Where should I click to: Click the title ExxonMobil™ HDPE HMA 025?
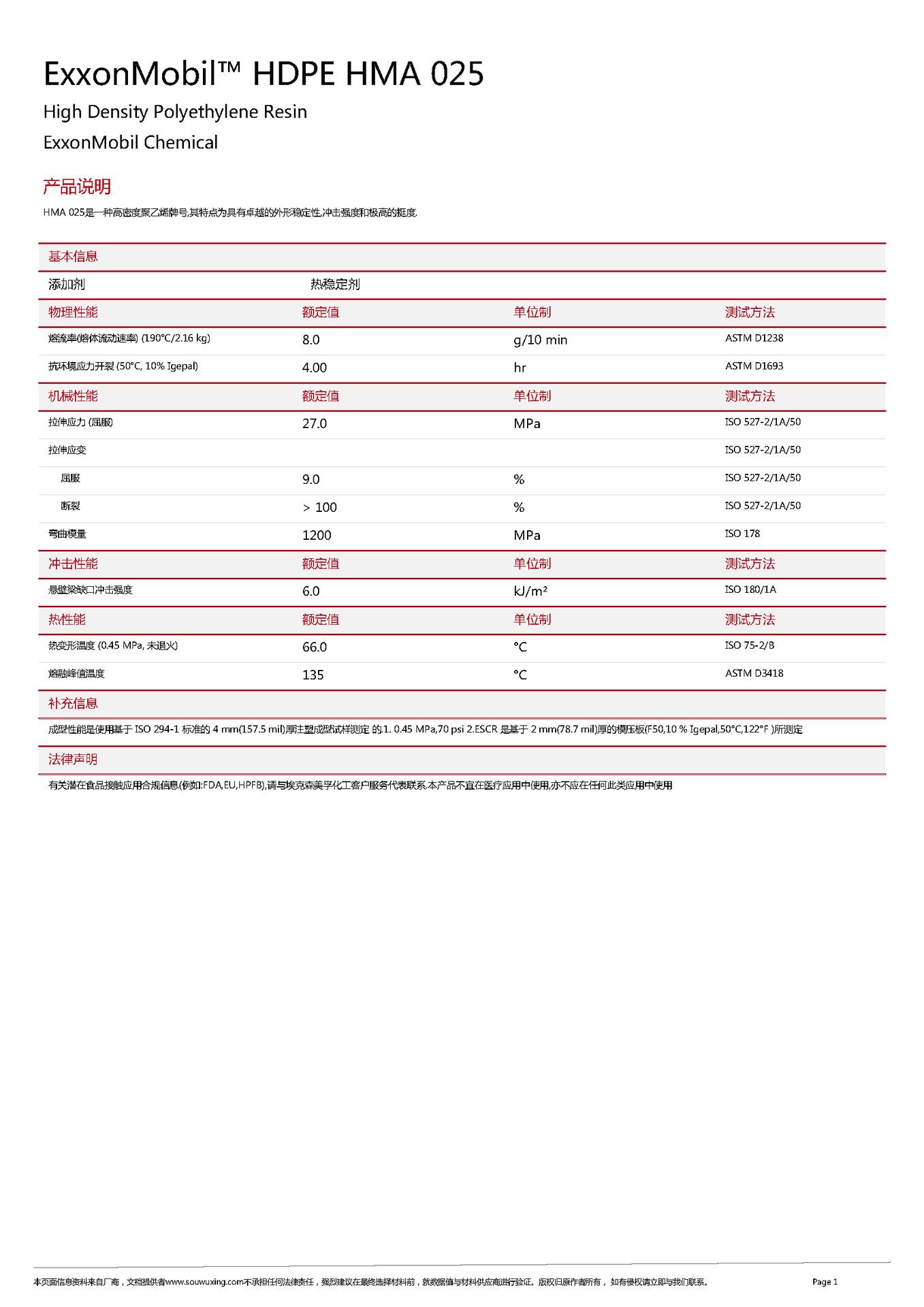(264, 74)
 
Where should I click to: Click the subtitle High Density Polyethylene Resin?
(175, 112)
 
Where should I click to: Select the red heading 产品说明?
(77, 187)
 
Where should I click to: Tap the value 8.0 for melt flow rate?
(310, 340)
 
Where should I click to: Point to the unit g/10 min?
(540, 340)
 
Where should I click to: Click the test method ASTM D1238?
(754, 338)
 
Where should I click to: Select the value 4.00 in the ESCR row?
(314, 368)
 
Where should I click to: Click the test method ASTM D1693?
(754, 366)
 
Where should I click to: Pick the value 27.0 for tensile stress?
(314, 423)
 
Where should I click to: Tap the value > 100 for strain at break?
(319, 507)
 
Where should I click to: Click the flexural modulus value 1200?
(317, 535)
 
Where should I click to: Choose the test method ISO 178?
(742, 534)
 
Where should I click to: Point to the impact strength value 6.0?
(310, 591)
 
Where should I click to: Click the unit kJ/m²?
(530, 591)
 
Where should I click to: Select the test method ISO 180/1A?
(750, 590)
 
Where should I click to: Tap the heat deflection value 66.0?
(314, 647)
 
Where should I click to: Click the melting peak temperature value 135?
(313, 675)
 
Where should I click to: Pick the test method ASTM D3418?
(754, 673)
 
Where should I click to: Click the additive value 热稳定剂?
(335, 285)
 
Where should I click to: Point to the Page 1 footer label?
(825, 1282)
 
